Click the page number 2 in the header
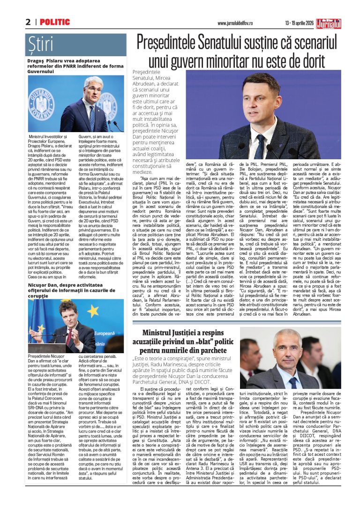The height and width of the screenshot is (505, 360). click(29, 22)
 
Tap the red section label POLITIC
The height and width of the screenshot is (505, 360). click(55, 22)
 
